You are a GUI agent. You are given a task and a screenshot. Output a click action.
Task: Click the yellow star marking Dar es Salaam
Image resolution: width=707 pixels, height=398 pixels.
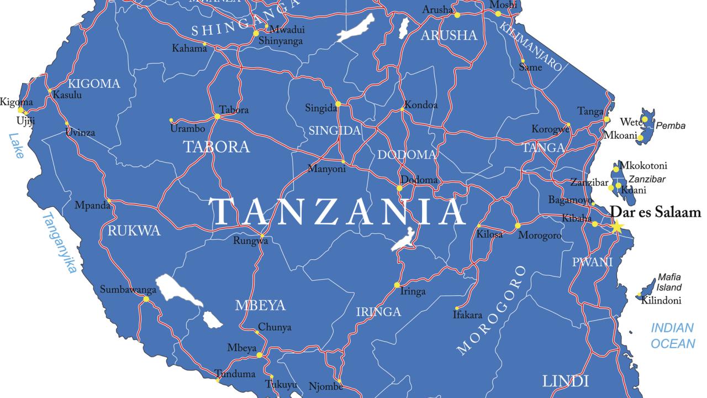[x=616, y=227]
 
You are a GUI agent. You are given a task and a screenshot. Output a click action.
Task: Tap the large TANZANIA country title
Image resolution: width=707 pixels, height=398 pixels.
[x=337, y=212]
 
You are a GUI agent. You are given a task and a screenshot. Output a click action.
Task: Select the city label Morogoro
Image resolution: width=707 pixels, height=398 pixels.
[x=540, y=235]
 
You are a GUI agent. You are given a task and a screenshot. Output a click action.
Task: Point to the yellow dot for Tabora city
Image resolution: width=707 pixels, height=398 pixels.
[x=217, y=117]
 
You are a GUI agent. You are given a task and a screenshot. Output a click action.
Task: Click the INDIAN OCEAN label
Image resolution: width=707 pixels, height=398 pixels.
[x=672, y=336]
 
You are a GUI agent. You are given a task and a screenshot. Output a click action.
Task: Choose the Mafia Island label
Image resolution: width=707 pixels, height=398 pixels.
[x=669, y=282]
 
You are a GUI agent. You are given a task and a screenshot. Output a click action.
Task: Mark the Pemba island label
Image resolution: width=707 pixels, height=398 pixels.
[x=671, y=125]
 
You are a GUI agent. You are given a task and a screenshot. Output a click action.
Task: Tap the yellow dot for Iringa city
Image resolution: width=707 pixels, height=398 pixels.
[x=397, y=285]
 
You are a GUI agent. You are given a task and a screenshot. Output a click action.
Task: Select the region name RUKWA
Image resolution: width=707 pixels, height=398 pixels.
[x=134, y=231]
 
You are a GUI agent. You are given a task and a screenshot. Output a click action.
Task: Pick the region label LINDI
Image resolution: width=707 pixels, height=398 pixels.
[x=566, y=381]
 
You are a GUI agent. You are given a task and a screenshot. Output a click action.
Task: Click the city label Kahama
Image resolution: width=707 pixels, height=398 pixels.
[x=189, y=49]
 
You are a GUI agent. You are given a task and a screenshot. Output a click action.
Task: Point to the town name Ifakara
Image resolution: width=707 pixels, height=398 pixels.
[x=467, y=315]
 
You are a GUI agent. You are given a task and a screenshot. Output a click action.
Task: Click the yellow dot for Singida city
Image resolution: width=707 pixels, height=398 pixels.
[x=338, y=103]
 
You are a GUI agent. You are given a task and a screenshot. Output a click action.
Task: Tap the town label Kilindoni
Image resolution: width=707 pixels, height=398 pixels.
[x=661, y=301]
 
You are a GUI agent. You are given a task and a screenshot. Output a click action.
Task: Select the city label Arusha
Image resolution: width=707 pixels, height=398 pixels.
[x=437, y=9]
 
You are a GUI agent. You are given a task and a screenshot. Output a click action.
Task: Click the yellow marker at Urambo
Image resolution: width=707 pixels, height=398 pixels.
[x=171, y=120]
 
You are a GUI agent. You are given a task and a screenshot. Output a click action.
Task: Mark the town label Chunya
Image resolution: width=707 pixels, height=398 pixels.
[x=275, y=327]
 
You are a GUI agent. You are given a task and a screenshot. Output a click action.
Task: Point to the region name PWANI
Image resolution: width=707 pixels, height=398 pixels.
[x=593, y=262]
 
